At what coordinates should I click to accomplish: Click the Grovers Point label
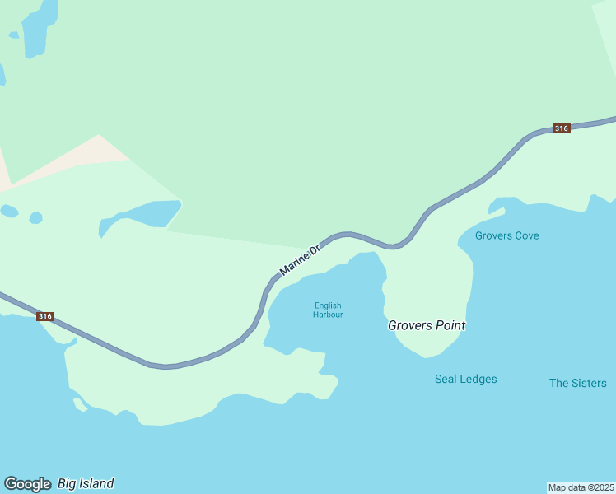[427, 325]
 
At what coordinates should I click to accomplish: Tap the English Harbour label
[328, 310]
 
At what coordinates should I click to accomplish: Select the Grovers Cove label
[506, 235]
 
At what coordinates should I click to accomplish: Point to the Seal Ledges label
[465, 380]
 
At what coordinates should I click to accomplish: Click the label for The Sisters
[577, 383]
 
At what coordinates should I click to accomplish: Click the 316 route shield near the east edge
[561, 128]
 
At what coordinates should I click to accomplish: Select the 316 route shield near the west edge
[44, 316]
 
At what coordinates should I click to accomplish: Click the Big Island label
[86, 483]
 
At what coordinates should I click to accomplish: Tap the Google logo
[27, 484]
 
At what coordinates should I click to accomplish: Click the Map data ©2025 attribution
[581, 487]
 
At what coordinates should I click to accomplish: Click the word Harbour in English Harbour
[328, 315]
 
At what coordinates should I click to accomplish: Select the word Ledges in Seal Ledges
[478, 380]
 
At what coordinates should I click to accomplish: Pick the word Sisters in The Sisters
[589, 383]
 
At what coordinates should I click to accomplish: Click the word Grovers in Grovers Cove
[492, 235]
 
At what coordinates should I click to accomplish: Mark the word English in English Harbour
[328, 306]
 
